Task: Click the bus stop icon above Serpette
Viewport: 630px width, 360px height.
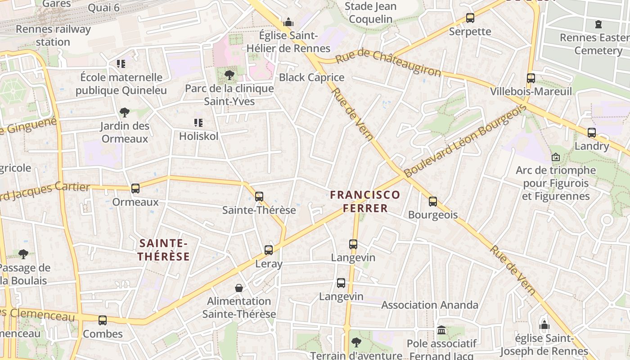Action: click(x=470, y=18)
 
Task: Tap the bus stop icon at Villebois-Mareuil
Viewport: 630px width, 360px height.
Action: click(x=531, y=78)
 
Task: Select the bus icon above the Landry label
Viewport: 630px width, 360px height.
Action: click(x=592, y=133)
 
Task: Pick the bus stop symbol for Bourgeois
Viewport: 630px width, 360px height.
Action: click(x=433, y=202)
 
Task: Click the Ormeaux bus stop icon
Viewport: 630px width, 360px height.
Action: click(x=135, y=189)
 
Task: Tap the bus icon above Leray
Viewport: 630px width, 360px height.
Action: click(x=269, y=250)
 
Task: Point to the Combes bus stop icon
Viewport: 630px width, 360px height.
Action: click(x=103, y=320)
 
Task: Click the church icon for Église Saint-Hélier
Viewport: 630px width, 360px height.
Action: click(x=288, y=22)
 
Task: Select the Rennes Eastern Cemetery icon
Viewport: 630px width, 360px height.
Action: click(x=598, y=24)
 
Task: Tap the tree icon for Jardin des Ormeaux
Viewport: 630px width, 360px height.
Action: click(x=125, y=112)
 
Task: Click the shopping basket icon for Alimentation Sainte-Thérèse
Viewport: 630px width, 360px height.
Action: click(x=239, y=288)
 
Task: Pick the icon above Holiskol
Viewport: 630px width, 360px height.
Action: click(x=198, y=123)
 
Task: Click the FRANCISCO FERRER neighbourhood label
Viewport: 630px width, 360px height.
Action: click(x=365, y=201)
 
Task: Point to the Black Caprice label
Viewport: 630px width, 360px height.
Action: click(x=311, y=77)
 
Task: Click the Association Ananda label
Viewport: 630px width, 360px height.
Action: click(x=430, y=305)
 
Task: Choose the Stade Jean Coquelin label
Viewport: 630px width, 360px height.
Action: click(x=371, y=13)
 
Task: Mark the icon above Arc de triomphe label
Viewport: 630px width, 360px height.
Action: click(x=556, y=157)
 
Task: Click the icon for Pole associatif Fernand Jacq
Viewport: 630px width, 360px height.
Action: click(x=441, y=330)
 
